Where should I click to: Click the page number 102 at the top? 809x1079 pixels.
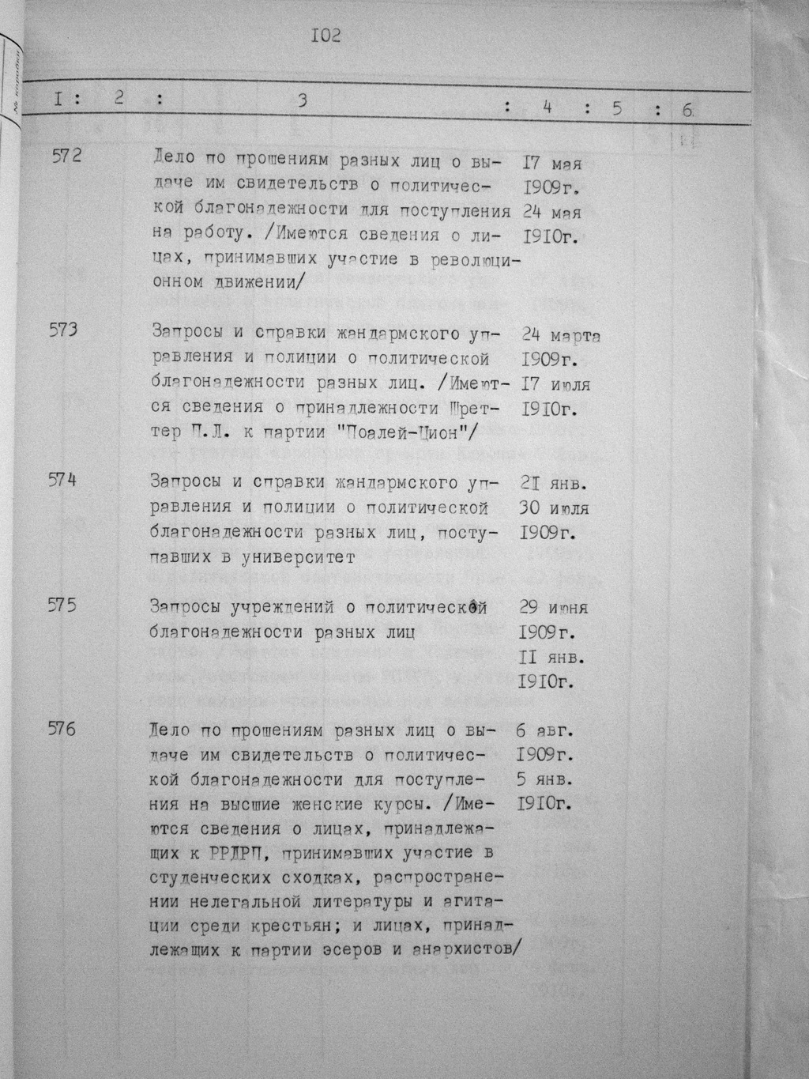325,36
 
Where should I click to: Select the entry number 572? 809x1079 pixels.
66,156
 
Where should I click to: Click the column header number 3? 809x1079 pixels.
302,100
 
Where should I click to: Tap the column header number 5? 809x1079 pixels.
616,108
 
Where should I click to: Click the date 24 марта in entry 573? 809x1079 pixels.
560,336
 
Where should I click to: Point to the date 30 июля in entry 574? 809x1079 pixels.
555,508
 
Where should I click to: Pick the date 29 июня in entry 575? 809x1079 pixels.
554,609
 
